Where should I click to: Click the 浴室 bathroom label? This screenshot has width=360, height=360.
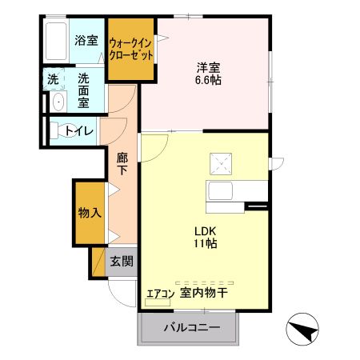[86, 40]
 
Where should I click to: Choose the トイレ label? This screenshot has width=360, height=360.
[79, 130]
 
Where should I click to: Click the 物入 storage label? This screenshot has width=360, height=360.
[89, 213]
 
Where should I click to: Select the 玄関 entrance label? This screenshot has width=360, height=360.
[121, 260]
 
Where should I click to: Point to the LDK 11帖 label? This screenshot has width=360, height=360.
[205, 238]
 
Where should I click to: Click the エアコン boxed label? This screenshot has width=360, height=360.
[159, 294]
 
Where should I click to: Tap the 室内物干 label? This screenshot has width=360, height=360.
[205, 294]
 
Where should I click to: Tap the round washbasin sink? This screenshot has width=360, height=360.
[57, 102]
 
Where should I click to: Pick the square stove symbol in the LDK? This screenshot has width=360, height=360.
[219, 163]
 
